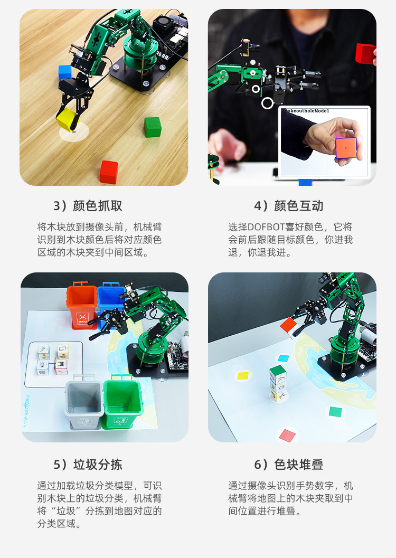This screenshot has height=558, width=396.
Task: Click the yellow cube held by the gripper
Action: point(67,119)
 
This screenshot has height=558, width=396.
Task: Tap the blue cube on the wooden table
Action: point(64,72)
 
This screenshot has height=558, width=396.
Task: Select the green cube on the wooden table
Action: point(152,127)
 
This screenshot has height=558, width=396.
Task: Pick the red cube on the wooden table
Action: point(109,172)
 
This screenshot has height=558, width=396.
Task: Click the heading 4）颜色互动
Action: point(288,206)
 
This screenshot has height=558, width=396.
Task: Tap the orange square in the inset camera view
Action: point(345,149)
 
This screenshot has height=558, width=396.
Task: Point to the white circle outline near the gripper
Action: point(268,103)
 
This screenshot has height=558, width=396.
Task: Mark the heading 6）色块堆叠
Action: point(288,465)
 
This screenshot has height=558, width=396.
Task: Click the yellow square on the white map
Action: point(243,376)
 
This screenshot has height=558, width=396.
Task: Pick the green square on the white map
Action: point(335,411)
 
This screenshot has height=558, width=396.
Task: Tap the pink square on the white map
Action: point(287,435)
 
